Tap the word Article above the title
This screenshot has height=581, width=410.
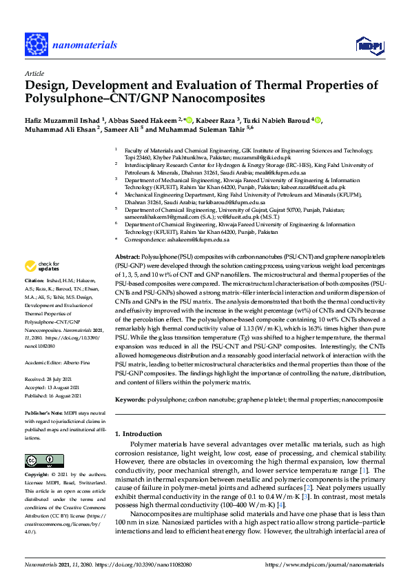tap(34, 72)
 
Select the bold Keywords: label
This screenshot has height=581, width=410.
tap(130, 400)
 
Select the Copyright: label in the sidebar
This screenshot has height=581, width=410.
tap(39, 475)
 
